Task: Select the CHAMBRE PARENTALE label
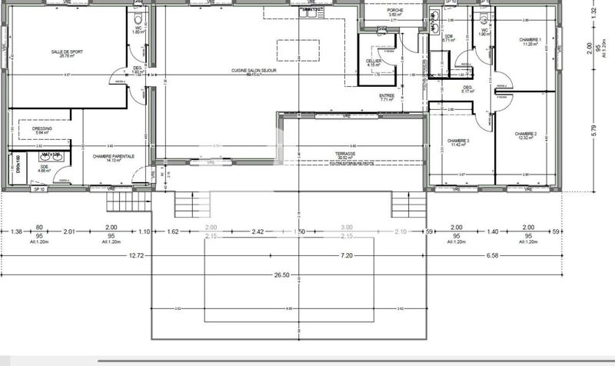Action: tap(114, 157)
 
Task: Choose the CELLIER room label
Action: tap(374, 61)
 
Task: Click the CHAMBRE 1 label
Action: tap(529, 41)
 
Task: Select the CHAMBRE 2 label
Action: tap(529, 135)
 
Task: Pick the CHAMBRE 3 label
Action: tap(458, 142)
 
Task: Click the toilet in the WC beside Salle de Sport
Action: tap(137, 18)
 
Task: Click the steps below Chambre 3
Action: tap(408, 205)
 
